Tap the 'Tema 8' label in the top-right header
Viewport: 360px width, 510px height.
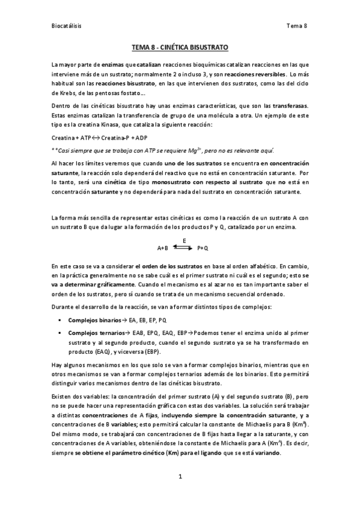coord(297,26)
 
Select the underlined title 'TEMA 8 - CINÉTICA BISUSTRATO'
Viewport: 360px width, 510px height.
coord(180,47)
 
